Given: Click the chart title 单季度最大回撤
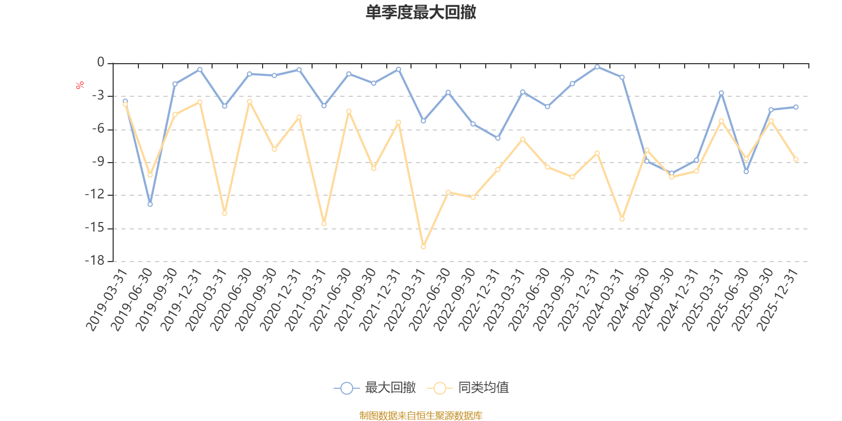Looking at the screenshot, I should pyautogui.click(x=421, y=13).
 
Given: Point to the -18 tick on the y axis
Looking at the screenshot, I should pyautogui.click(x=95, y=261).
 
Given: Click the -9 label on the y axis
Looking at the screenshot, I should pyautogui.click(x=97, y=162).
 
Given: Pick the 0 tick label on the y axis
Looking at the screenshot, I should pyautogui.click(x=101, y=63).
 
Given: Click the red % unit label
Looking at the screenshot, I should pyautogui.click(x=80, y=85).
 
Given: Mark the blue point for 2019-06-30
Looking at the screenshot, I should pyautogui.click(x=150, y=204).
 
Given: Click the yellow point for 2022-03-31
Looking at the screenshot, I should pyautogui.click(x=423, y=247).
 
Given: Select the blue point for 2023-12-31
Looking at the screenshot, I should pyautogui.click(x=597, y=67).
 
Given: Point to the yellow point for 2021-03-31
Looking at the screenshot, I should pyautogui.click(x=324, y=224).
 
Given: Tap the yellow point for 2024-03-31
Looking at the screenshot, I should pyautogui.click(x=622, y=218).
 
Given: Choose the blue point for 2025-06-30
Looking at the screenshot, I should pyautogui.click(x=746, y=172).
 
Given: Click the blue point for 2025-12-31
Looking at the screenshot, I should pyautogui.click(x=796, y=107).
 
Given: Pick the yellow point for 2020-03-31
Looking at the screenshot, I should pyautogui.click(x=225, y=213).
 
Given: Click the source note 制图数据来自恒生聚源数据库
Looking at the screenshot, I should pyautogui.click(x=420, y=416).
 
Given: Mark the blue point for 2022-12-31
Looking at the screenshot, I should pyautogui.click(x=498, y=138).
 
